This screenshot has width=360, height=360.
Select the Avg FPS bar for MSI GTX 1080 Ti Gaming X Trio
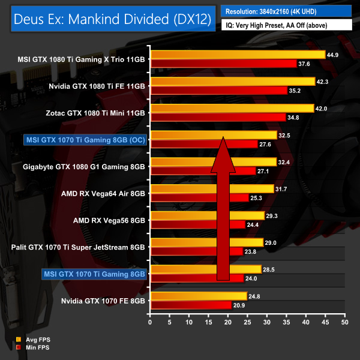pyautogui.click(x=238, y=55)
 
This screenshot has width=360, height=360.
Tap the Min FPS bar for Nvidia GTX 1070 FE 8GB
pyautogui.click(x=191, y=305)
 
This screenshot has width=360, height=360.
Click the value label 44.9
pyautogui.click(x=334, y=55)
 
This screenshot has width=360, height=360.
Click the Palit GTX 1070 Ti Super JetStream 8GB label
pyautogui.click(x=79, y=247)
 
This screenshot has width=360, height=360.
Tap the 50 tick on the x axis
pyautogui.click(x=344, y=322)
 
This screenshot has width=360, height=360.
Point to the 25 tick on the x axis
pyautogui.click(x=247, y=322)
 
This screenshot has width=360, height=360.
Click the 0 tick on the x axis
pyautogui.click(x=150, y=322)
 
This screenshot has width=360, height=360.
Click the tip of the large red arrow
pyautogui.click(x=223, y=139)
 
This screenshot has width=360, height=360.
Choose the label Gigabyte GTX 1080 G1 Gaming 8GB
pyautogui.click(x=83, y=166)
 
